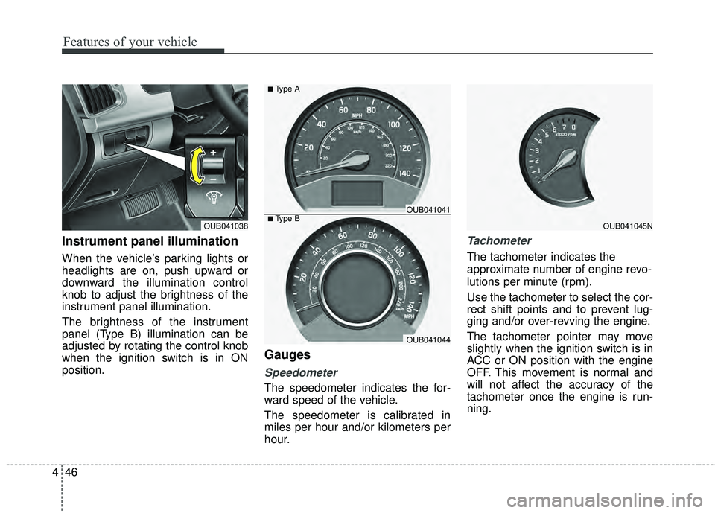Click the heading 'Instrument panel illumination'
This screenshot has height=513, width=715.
pos(150,241)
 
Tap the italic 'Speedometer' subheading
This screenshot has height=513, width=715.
pos(301,372)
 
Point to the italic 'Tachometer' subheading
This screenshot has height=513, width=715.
pos(499,240)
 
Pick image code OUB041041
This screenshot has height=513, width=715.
pos(428,211)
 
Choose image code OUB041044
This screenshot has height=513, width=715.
pos(428,340)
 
